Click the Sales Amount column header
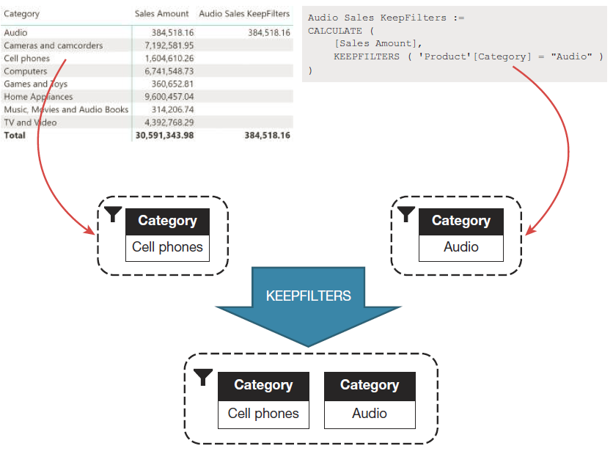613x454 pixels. point(161,13)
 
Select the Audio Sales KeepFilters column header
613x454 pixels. point(244,13)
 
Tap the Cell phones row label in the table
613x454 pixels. point(27,59)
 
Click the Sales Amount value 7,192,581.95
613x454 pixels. point(167,45)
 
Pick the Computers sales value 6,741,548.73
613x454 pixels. point(167,71)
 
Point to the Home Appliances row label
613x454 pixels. point(38,97)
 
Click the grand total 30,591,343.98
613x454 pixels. point(164,136)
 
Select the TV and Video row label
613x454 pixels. point(30,122)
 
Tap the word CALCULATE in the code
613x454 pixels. point(334,31)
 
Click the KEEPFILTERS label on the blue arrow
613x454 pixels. point(308,296)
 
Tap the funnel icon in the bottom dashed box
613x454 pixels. point(204,377)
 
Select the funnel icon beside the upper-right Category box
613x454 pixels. point(405,214)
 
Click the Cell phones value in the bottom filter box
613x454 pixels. point(263,414)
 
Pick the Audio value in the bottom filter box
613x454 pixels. point(370,414)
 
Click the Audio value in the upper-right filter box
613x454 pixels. point(461,247)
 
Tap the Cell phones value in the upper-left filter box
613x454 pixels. point(167,247)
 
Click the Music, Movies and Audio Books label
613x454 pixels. point(66,109)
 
